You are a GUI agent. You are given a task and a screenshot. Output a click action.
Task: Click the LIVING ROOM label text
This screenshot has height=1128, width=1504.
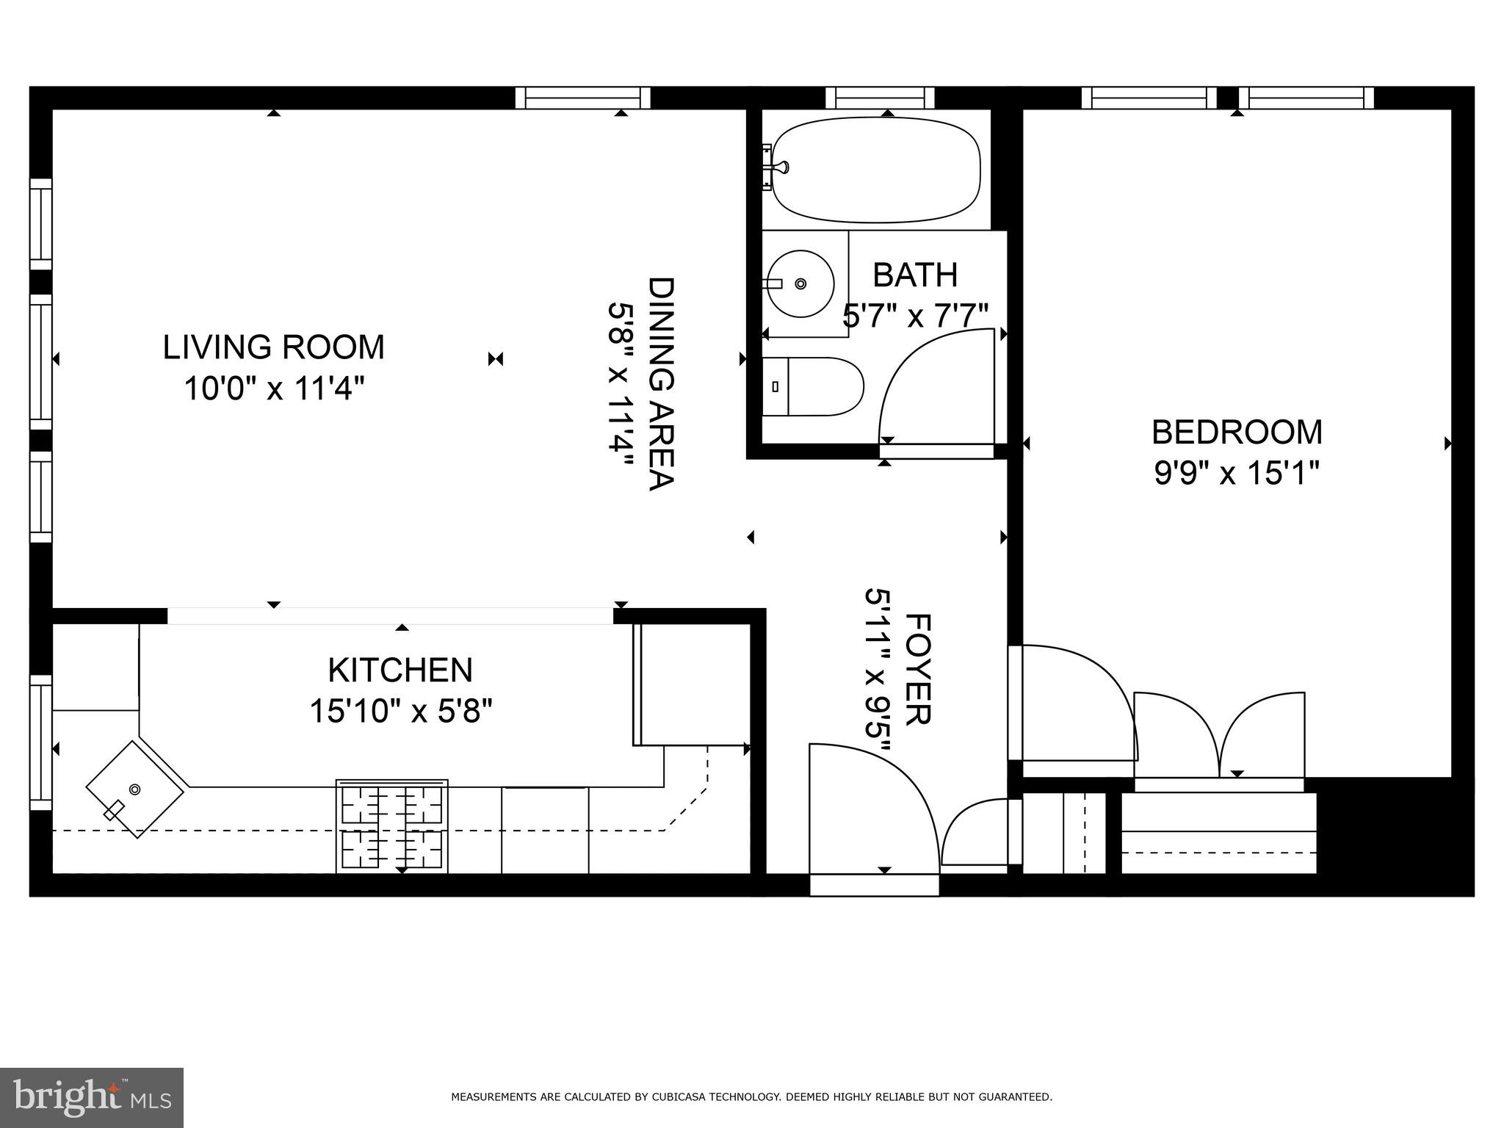pyautogui.click(x=273, y=347)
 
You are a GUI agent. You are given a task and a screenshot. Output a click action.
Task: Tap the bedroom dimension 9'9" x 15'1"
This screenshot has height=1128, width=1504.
pyautogui.click(x=1237, y=473)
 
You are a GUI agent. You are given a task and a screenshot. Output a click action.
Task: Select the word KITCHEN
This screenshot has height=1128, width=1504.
pyautogui.click(x=400, y=670)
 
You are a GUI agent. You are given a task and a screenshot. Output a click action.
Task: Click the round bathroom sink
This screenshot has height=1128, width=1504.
pyautogui.click(x=800, y=283)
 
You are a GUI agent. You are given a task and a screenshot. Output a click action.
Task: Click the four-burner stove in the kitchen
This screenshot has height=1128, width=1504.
pyautogui.click(x=392, y=826)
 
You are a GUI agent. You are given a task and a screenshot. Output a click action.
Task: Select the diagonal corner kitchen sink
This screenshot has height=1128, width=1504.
pyautogui.click(x=134, y=789)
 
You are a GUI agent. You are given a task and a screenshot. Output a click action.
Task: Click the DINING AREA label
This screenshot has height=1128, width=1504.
pyautogui.click(x=660, y=383)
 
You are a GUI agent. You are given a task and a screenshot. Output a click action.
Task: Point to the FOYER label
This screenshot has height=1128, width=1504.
pyautogui.click(x=917, y=669)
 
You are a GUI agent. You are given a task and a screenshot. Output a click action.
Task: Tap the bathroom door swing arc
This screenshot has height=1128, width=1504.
pyautogui.click(x=936, y=386)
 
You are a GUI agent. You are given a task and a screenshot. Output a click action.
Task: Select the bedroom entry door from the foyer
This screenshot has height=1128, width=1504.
pyautogui.click(x=1072, y=701)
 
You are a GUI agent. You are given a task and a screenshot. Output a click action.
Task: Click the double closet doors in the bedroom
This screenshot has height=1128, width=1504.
pyautogui.click(x=1219, y=734)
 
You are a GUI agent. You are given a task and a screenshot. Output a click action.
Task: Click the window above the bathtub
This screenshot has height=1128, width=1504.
pyautogui.click(x=880, y=98)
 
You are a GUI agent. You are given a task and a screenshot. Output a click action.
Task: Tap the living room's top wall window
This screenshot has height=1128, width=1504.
pyautogui.click(x=583, y=98)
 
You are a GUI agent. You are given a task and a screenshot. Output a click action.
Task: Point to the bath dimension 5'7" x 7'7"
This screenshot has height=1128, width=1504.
pyautogui.click(x=915, y=317)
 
